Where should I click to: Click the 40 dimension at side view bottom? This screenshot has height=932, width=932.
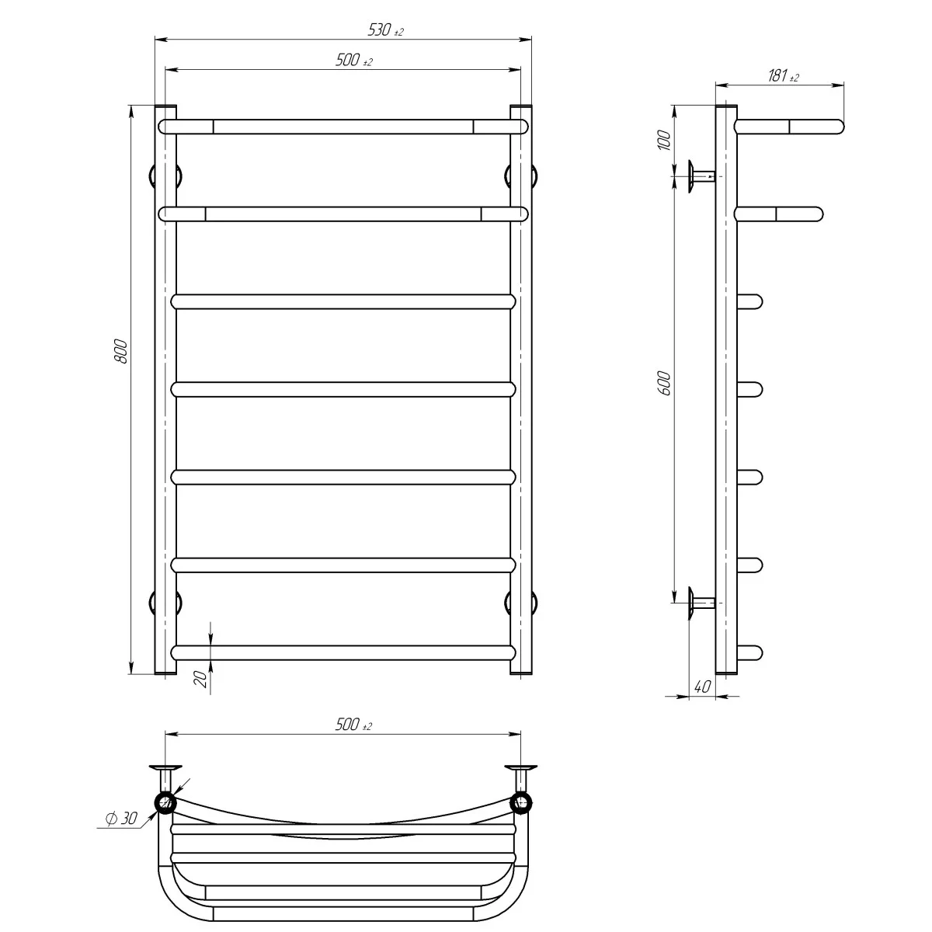click(701, 687)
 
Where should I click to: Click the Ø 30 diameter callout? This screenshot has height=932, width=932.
click(120, 819)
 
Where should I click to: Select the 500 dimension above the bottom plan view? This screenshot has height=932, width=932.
click(353, 725)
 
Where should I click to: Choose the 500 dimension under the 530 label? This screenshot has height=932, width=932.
click(353, 62)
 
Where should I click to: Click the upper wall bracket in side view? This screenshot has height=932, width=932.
click(699, 176)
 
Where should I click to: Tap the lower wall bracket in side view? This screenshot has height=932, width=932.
click(699, 602)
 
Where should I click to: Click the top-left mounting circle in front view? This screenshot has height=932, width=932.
click(165, 176)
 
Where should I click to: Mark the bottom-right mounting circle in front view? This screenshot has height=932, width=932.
click(521, 602)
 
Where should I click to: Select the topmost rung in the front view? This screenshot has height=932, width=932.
click(343, 127)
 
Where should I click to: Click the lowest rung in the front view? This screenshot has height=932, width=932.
click(343, 652)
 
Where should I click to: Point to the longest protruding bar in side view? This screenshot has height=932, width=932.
click(789, 127)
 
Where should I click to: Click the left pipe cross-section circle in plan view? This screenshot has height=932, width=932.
click(165, 802)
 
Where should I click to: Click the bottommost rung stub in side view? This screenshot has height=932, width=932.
click(749, 652)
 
